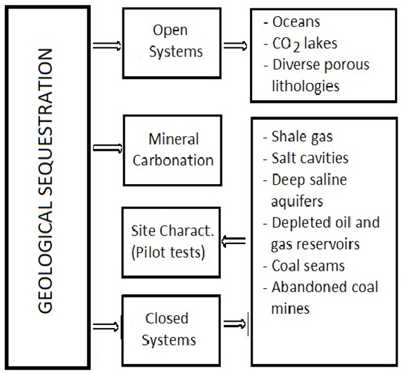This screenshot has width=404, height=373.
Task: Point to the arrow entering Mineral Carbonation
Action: pos(108,149)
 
